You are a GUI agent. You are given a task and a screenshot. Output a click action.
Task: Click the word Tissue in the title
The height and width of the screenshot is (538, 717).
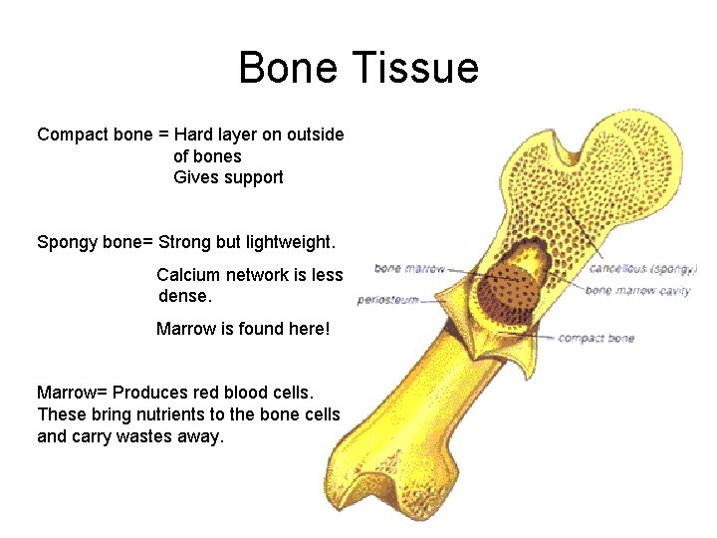pyautogui.click(x=419, y=69)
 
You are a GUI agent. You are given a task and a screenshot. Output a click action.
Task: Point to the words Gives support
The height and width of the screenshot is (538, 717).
pyautogui.click(x=228, y=177)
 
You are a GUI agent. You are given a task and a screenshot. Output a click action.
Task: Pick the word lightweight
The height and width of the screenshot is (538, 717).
pyautogui.click(x=292, y=242)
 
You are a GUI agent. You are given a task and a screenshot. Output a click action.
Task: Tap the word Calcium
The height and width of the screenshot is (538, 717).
pyautogui.click(x=189, y=275)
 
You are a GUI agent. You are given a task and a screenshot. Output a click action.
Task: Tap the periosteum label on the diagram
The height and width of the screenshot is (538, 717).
pyautogui.click(x=387, y=299)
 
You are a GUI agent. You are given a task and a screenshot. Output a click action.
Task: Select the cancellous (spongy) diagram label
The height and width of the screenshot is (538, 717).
pyautogui.click(x=642, y=268)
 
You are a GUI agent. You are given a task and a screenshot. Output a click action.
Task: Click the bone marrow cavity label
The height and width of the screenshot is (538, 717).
pyautogui.click(x=637, y=291)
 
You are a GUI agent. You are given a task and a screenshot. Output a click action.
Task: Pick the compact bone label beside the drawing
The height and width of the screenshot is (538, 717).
pyautogui.click(x=596, y=339)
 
